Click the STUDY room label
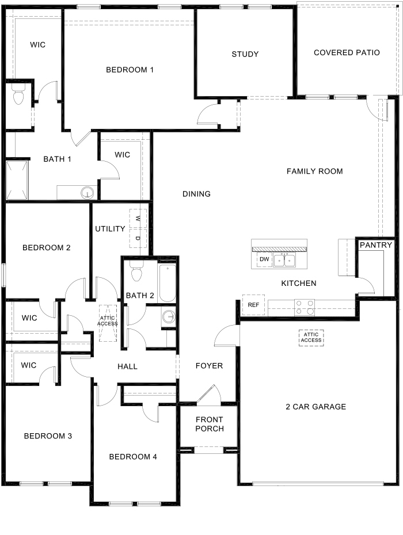point(245,54)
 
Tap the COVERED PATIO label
point(347,52)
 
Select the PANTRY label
point(376,245)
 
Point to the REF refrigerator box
point(253,305)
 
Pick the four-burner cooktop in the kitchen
point(305,308)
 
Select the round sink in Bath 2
point(169,316)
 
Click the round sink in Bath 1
point(87,192)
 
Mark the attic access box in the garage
point(311,337)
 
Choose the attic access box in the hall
point(108,320)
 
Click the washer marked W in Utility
point(138,218)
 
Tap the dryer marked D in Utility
point(138,238)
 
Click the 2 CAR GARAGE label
point(315,407)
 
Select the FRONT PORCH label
point(209,424)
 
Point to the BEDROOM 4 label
point(133,457)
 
